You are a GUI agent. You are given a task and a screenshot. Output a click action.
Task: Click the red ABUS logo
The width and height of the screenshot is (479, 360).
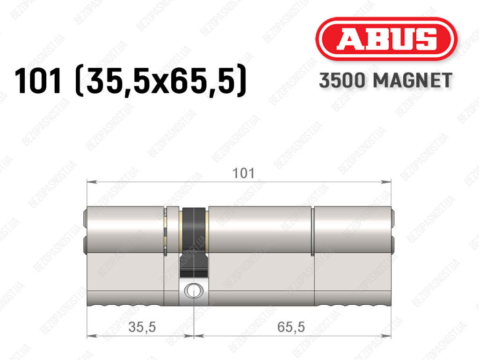coord(386,39)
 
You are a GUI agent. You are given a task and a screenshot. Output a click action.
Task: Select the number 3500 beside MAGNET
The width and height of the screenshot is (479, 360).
coord(342,81)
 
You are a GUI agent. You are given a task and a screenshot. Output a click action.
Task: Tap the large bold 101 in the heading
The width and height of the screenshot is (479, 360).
coord(38,81)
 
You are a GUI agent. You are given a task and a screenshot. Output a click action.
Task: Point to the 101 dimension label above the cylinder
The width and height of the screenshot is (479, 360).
coord(243,173)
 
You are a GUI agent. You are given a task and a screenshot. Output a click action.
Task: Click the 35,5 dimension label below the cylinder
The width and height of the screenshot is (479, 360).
coord(142,327)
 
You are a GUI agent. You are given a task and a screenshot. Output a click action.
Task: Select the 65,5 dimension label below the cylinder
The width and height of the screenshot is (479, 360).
coord(291,327)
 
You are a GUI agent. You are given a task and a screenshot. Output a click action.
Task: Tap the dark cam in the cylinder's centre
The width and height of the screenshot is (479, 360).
coord(194,242)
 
